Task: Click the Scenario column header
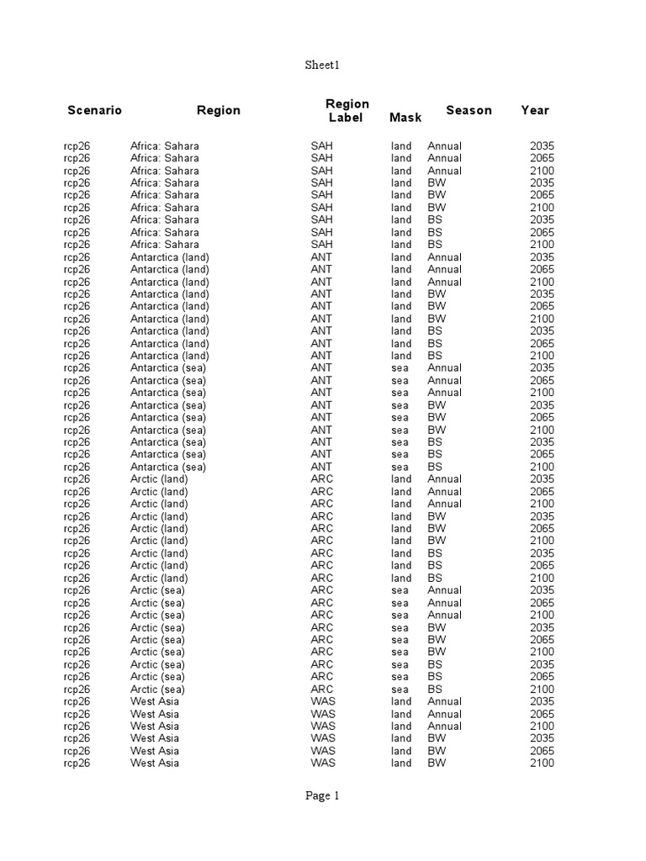(x=94, y=110)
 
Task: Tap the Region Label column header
(x=347, y=110)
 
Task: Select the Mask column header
(x=405, y=118)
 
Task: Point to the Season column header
(x=469, y=110)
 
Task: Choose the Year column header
(x=535, y=110)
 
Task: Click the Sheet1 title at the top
(x=322, y=65)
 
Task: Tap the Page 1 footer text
(x=322, y=796)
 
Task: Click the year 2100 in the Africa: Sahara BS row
(x=542, y=245)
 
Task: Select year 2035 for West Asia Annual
(x=542, y=701)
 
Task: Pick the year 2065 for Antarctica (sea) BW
(x=542, y=417)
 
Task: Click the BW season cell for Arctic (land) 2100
(x=437, y=541)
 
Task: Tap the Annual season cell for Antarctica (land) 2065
(x=444, y=269)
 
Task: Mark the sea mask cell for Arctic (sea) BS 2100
(x=400, y=689)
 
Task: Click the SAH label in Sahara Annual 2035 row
(x=321, y=145)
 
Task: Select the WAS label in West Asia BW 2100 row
(x=322, y=763)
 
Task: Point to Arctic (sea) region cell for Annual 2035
(x=157, y=590)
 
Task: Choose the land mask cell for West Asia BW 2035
(x=401, y=738)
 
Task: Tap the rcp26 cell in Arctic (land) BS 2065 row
(x=77, y=565)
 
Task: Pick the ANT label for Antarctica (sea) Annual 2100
(x=321, y=393)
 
